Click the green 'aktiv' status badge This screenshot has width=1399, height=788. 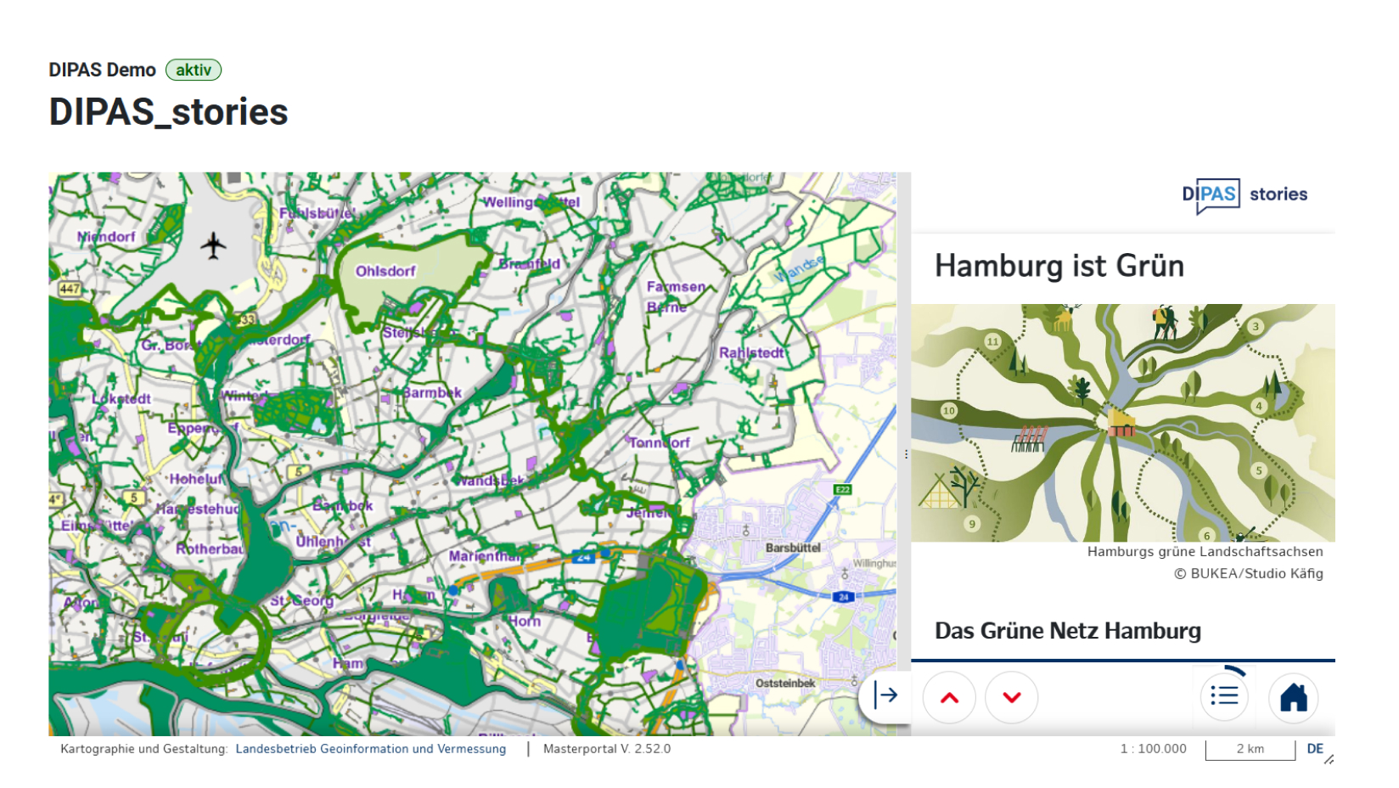pyautogui.click(x=194, y=70)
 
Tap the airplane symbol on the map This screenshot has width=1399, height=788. pyautogui.click(x=213, y=246)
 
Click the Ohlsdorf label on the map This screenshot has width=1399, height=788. pyautogui.click(x=385, y=271)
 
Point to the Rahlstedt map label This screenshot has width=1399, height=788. pyautogui.click(x=751, y=352)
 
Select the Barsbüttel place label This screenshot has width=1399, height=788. pyautogui.click(x=793, y=548)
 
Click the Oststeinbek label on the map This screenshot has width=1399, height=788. pyautogui.click(x=785, y=683)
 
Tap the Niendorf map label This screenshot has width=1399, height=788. pyautogui.click(x=106, y=236)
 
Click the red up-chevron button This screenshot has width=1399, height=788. pyautogui.click(x=949, y=697)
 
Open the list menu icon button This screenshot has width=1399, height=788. pyautogui.click(x=1224, y=696)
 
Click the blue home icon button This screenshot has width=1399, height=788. pyautogui.click(x=1293, y=697)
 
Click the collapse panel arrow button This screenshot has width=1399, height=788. pyautogui.click(x=885, y=695)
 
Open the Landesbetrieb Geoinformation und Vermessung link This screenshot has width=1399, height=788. pyautogui.click(x=370, y=749)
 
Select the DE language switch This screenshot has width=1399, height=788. pyautogui.click(x=1315, y=749)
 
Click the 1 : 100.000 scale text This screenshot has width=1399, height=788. pyautogui.click(x=1153, y=749)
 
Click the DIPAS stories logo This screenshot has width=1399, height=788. pyautogui.click(x=1244, y=194)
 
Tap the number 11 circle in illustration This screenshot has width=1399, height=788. pyautogui.click(x=992, y=341)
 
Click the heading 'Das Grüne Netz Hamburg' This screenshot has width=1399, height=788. pyautogui.click(x=1067, y=631)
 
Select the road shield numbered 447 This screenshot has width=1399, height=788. pyautogui.click(x=69, y=289)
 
